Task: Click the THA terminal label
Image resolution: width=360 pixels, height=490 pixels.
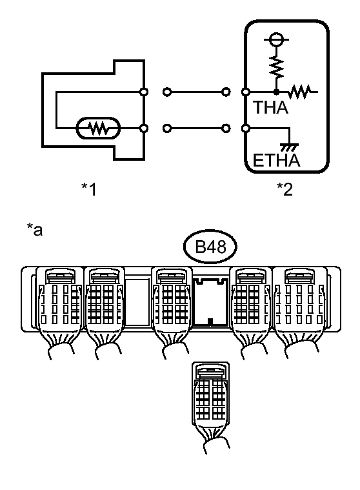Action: [270, 108]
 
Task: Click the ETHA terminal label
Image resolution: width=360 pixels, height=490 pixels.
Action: [276, 161]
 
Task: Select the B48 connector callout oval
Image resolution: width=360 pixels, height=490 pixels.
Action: [210, 247]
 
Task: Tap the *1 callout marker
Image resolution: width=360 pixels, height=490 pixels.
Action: [89, 189]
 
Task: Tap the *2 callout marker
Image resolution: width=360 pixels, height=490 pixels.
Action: [285, 189]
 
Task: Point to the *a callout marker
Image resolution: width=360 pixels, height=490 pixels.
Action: [35, 229]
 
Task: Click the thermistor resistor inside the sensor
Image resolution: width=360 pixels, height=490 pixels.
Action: [98, 128]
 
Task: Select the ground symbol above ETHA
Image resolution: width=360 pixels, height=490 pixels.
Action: [290, 147]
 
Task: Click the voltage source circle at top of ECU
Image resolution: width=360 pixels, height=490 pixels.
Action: [276, 39]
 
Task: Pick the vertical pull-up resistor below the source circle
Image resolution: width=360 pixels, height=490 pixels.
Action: [276, 66]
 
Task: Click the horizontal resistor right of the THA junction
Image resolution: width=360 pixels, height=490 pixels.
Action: [299, 92]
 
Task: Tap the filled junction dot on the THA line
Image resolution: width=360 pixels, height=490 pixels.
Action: [276, 92]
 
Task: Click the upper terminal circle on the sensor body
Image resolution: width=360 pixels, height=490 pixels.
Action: [144, 92]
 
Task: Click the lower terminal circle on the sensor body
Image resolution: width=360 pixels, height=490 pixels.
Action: [144, 128]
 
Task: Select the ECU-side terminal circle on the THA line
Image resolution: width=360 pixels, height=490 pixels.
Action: [246, 92]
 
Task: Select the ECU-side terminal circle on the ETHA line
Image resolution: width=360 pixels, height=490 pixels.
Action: [246, 128]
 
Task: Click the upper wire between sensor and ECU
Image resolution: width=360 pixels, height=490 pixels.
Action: [197, 92]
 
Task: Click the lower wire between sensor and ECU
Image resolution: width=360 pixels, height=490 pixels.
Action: [197, 128]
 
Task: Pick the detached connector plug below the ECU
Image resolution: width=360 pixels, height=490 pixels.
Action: [210, 406]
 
